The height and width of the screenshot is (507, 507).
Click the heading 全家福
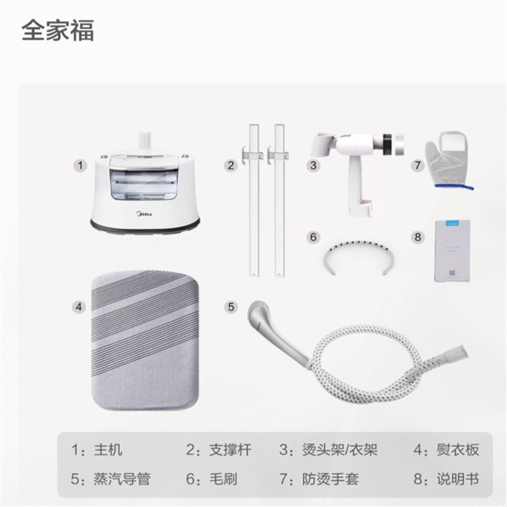[x=58, y=30]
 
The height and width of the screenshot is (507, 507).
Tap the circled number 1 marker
[x=80, y=166]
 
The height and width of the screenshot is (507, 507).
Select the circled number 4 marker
[x=79, y=307]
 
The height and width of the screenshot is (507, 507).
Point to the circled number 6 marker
[x=313, y=237]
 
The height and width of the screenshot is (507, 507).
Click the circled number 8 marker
[x=418, y=237]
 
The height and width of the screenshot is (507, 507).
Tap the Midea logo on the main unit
[x=143, y=214]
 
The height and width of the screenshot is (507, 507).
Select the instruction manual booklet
[x=452, y=250]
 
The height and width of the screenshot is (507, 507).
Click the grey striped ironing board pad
[x=145, y=340]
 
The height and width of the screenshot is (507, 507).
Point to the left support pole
[x=254, y=200]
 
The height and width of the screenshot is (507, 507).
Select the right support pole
[x=279, y=200]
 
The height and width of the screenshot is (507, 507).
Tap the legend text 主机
[x=108, y=450]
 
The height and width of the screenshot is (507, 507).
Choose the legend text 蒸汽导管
[x=122, y=479]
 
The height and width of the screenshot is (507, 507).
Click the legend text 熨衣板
[x=458, y=450]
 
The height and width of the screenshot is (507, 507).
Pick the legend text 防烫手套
[x=330, y=479]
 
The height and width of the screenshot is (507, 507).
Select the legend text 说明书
[x=458, y=479]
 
